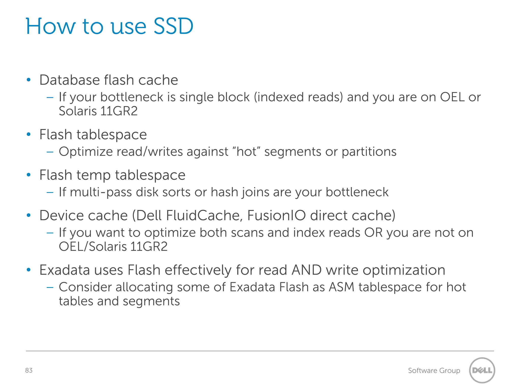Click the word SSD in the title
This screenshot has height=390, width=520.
(x=173, y=26)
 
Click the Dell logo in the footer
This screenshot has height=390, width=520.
(x=482, y=370)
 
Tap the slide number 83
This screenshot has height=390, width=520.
(x=29, y=370)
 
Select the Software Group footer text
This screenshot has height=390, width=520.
(x=434, y=371)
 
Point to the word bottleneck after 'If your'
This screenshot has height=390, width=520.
(x=132, y=97)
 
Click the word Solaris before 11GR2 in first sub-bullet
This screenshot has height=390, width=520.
(x=78, y=111)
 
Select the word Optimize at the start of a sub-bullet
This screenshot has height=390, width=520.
(x=86, y=152)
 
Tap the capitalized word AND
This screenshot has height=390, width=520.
(x=306, y=270)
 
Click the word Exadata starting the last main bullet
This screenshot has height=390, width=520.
(x=64, y=270)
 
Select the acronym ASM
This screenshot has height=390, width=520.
(x=342, y=287)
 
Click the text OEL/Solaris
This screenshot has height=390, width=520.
(x=92, y=247)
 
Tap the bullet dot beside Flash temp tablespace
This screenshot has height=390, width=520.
(x=29, y=175)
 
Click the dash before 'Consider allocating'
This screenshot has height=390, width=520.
(x=50, y=287)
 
